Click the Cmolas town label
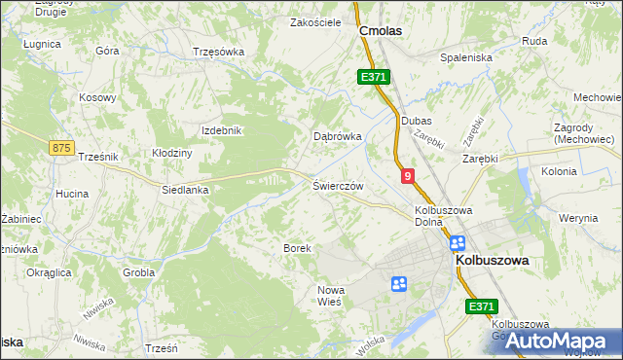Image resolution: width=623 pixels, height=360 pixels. click(381, 30)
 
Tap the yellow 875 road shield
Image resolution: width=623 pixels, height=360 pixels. click(60, 147)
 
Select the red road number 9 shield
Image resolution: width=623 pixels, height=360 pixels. click(408, 175)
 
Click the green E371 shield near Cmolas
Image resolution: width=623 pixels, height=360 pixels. click(372, 76)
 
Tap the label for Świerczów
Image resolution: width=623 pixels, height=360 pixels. click(338, 185)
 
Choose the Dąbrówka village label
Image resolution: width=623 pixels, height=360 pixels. click(337, 137)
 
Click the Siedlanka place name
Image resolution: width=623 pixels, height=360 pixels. click(185, 190)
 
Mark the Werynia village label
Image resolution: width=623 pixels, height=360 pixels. click(578, 218)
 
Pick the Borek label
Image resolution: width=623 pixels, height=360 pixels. click(297, 248)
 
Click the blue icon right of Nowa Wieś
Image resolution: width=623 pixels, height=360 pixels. click(398, 284)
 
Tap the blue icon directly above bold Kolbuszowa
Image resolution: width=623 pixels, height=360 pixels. click(458, 243)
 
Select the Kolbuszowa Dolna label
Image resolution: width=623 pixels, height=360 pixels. click(443, 215)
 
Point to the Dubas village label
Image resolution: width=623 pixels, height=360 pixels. click(417, 121)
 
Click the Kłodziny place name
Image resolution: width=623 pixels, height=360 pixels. click(172, 153)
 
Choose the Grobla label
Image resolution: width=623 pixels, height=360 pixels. click(139, 272)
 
